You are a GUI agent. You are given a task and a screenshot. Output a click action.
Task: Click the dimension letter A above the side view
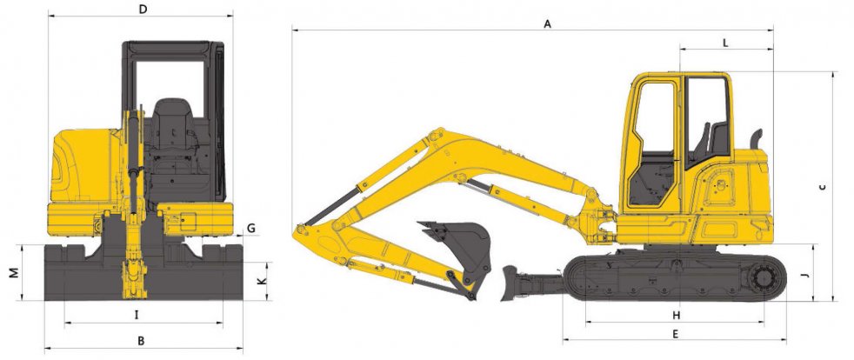coord(547,24)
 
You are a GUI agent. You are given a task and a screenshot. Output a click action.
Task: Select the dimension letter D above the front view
coord(143,10)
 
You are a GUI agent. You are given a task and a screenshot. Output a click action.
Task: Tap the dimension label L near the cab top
coord(725,43)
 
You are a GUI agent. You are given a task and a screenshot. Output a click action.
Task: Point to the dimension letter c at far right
coord(823,187)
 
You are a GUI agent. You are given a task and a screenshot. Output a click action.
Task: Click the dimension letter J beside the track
coord(805,276)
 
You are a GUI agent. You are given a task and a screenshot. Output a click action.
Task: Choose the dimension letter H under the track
coord(676,316)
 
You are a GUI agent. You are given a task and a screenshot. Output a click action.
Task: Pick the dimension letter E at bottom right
coord(676,335)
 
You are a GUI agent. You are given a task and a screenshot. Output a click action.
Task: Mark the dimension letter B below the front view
coord(141,342)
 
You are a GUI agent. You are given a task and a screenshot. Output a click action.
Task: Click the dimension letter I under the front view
coord(137,315)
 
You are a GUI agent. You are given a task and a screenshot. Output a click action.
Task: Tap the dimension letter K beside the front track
coord(262,281)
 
